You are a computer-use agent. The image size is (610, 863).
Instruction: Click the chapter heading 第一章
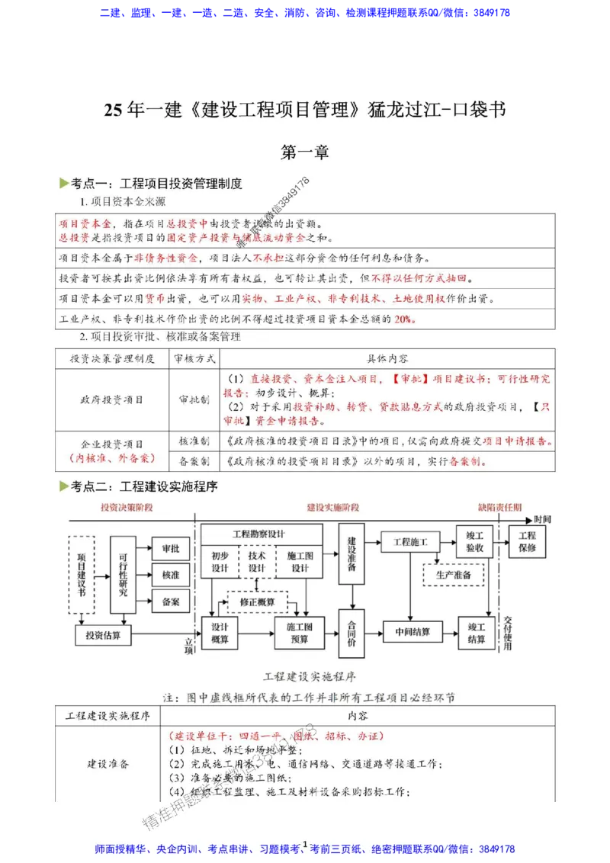[305, 152]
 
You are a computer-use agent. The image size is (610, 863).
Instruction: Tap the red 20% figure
[405, 319]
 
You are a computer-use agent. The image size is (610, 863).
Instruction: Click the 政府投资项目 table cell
[112, 399]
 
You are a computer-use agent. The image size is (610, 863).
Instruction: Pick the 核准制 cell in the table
[195, 441]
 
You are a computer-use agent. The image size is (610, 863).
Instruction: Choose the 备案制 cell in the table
[195, 461]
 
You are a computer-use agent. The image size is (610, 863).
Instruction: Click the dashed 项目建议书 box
[82, 576]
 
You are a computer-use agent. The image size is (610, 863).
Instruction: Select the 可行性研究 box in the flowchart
[124, 576]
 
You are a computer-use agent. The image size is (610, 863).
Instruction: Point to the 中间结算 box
[413, 631]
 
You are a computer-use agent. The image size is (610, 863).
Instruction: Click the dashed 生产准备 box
[454, 574]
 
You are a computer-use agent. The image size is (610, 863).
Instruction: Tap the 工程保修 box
[527, 541]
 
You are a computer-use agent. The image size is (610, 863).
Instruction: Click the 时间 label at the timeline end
[544, 518]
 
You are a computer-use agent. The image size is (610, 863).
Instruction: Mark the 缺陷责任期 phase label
[500, 507]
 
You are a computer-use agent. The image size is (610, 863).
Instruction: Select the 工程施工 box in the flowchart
[410, 542]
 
